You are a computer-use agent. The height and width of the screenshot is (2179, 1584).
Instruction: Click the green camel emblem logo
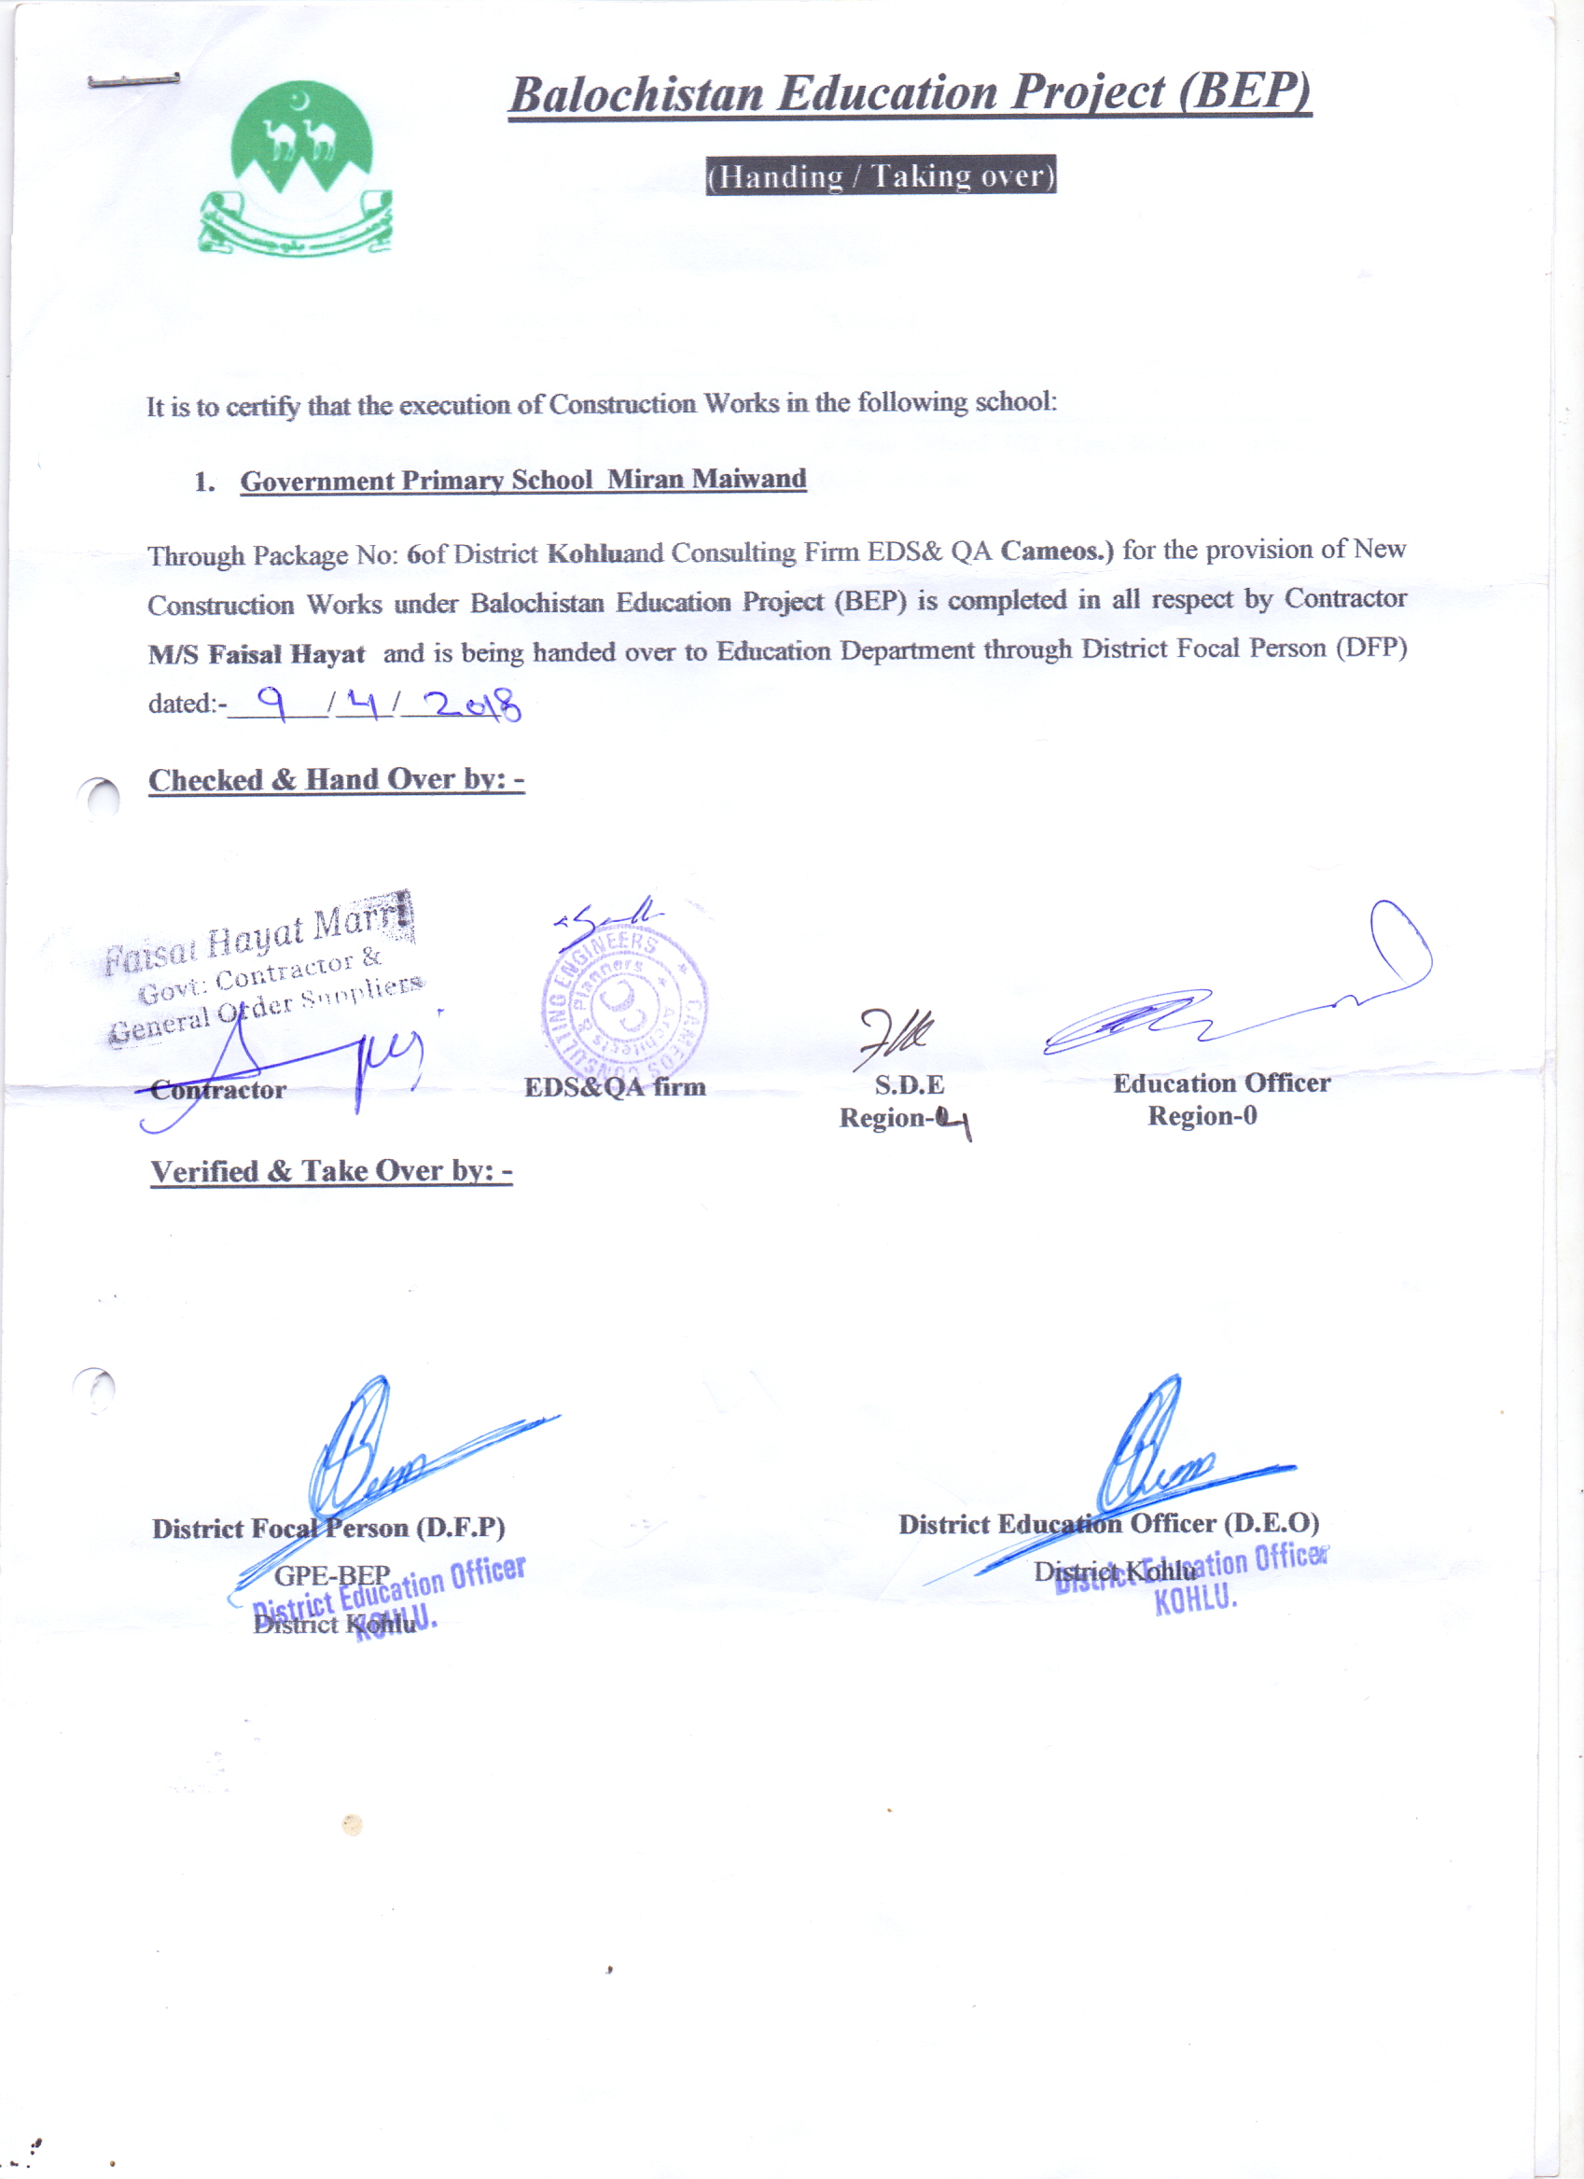click(x=296, y=168)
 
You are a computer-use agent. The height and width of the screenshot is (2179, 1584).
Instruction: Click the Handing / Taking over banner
click(x=881, y=175)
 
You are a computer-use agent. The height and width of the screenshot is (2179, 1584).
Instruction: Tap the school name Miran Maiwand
click(x=706, y=479)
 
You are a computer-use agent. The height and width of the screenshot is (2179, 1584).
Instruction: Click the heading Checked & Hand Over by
click(x=336, y=779)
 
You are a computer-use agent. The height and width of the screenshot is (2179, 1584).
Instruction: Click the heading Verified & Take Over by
click(x=331, y=1171)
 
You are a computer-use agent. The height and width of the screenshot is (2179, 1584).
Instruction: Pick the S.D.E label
click(x=909, y=1084)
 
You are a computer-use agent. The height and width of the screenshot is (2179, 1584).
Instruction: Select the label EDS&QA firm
click(x=615, y=1086)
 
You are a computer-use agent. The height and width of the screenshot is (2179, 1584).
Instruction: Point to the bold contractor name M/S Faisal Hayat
click(x=257, y=654)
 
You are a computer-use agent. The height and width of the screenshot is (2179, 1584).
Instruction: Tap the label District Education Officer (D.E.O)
click(x=1108, y=1524)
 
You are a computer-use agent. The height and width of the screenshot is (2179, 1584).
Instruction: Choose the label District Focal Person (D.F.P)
click(x=328, y=1528)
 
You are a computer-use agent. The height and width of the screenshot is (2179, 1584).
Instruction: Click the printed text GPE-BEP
click(x=332, y=1575)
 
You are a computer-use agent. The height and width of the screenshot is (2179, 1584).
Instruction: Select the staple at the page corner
click(x=132, y=80)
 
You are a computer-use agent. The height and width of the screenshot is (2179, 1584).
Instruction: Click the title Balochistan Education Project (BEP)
click(x=910, y=94)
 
